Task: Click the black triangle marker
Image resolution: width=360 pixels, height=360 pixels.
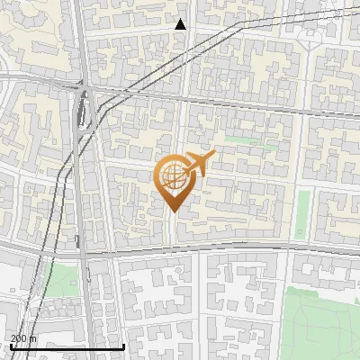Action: click(x=181, y=24)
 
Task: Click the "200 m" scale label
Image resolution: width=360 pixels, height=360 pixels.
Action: click(x=23, y=338)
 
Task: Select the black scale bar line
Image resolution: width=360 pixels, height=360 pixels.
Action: click(x=67, y=346)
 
